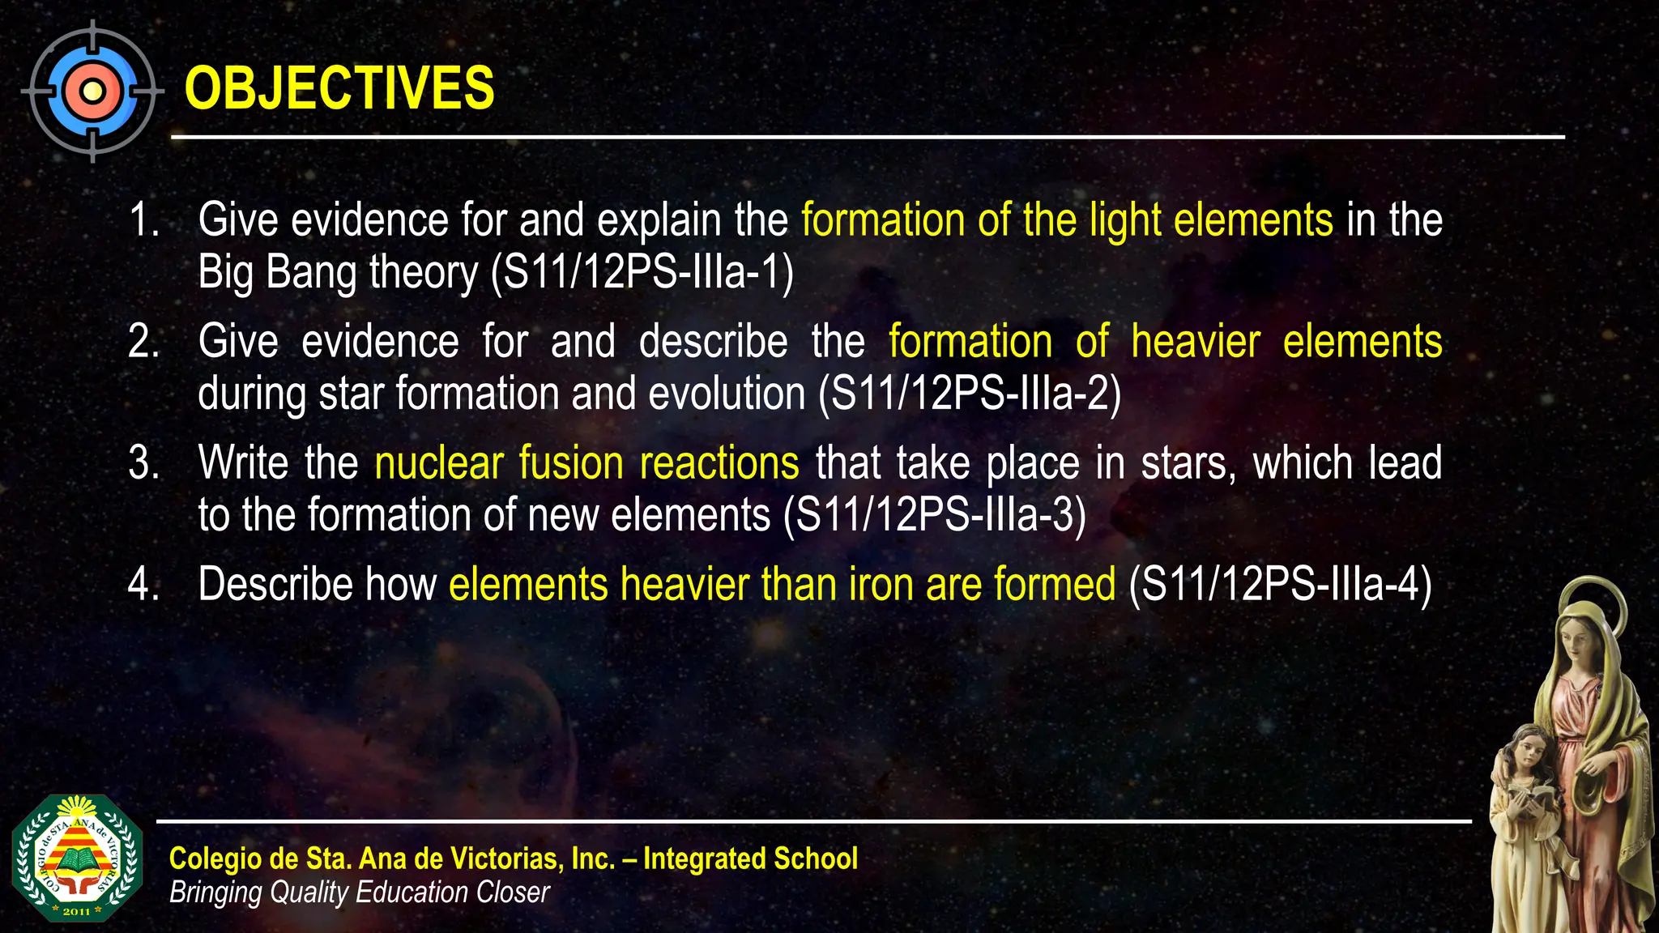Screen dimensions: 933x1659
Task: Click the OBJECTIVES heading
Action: tap(339, 88)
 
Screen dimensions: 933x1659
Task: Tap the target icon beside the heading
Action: tap(92, 91)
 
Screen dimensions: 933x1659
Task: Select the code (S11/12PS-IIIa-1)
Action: tap(642, 272)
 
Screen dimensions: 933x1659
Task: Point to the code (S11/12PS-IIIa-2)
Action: tap(970, 394)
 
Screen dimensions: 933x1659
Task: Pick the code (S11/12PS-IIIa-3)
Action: tap(934, 516)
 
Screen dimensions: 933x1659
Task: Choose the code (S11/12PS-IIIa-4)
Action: tap(1280, 585)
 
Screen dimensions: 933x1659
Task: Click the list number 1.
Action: tap(143, 220)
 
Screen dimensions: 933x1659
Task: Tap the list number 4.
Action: tap(143, 585)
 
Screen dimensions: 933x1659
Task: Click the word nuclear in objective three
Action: tap(438, 463)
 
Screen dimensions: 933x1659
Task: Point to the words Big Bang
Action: tap(277, 272)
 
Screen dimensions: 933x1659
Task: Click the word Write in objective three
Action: tap(243, 463)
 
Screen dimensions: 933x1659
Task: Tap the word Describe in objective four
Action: tap(276, 585)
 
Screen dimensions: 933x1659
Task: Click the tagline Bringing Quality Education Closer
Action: tap(359, 893)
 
